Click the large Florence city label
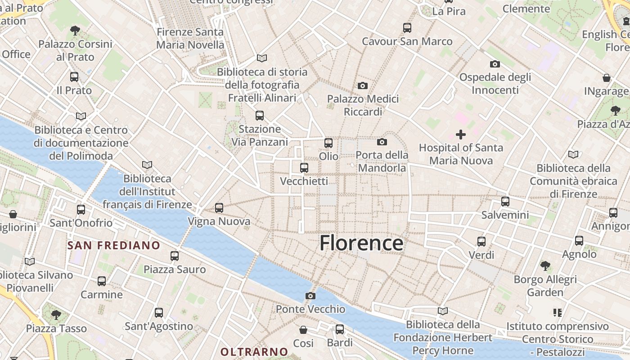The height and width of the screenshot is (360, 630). click(x=361, y=243)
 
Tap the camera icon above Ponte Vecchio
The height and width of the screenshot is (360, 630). click(x=310, y=296)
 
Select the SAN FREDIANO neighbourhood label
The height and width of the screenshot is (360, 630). click(x=114, y=245)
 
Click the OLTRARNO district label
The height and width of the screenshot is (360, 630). click(x=254, y=351)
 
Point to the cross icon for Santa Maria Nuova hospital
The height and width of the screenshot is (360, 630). click(x=460, y=134)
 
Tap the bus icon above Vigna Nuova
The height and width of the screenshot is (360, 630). click(x=219, y=208)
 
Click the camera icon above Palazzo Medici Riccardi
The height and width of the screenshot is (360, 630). click(x=362, y=85)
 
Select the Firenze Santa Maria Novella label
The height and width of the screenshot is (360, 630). click(x=190, y=39)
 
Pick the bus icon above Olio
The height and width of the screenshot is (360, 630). click(x=328, y=143)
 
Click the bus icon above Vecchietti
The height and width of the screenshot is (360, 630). click(x=304, y=168)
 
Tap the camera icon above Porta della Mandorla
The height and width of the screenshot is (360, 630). click(x=382, y=142)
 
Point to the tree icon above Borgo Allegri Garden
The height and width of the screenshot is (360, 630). click(x=545, y=266)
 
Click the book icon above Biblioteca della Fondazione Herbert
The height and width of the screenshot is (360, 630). click(x=443, y=311)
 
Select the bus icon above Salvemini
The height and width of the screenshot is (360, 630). click(x=505, y=202)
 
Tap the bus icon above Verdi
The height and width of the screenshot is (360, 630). click(x=481, y=242)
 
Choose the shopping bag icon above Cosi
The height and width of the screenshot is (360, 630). click(x=303, y=330)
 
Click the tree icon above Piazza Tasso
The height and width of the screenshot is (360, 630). click(x=56, y=315)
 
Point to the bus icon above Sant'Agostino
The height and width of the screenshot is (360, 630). click(x=159, y=313)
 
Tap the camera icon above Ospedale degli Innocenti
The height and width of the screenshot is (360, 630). click(x=495, y=64)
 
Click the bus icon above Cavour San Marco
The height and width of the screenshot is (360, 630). click(x=407, y=28)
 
